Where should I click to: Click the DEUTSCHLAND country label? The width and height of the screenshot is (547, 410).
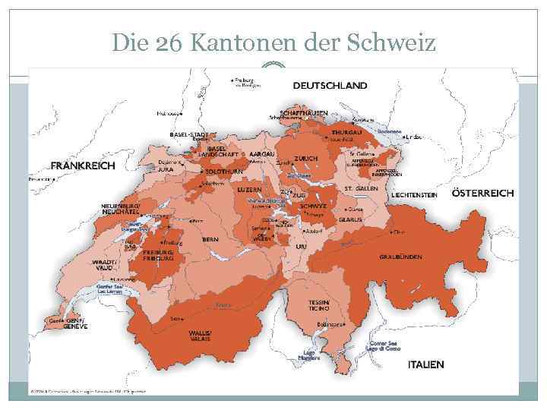[330, 85]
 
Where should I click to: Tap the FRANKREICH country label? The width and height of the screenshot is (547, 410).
[83, 166]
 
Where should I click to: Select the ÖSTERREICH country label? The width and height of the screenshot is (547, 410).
[482, 193]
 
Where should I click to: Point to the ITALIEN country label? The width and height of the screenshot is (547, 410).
[425, 364]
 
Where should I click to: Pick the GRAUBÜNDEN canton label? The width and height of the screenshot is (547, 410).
[400, 257]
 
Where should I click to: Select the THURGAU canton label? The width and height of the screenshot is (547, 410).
[347, 132]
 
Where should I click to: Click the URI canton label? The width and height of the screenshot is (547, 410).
[302, 247]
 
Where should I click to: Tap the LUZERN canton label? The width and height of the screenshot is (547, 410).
[249, 189]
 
